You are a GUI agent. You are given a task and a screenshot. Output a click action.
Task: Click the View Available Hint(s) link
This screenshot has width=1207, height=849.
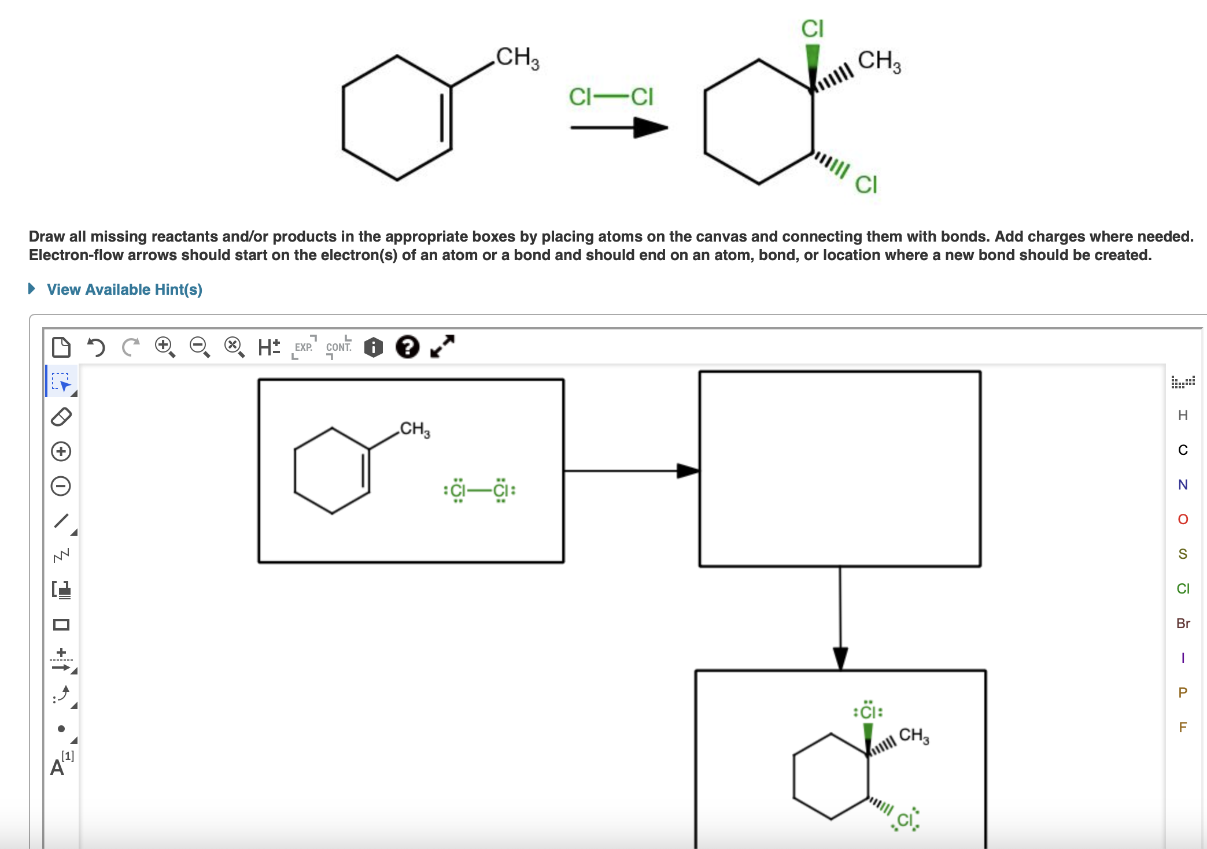tap(124, 290)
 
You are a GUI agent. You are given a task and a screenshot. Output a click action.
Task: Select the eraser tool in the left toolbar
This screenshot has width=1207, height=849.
tap(61, 417)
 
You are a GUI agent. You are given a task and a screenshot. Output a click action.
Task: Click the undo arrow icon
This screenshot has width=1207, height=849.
tap(96, 347)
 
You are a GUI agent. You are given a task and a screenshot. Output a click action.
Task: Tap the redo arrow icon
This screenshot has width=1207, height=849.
tap(131, 347)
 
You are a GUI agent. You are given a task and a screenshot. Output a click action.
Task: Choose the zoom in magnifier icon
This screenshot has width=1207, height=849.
tap(165, 347)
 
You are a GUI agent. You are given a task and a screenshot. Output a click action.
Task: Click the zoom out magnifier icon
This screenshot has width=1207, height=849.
tap(200, 347)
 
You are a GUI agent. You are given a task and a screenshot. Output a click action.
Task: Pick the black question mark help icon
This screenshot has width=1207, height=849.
tap(407, 347)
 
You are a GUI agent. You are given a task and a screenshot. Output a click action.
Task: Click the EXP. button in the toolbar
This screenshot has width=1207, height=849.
tap(304, 347)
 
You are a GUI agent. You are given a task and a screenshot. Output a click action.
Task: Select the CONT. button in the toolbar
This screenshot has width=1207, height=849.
tap(339, 347)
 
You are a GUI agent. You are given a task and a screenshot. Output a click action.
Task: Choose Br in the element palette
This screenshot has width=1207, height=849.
tap(1183, 623)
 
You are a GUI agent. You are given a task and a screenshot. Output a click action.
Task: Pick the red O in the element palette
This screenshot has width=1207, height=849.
tap(1183, 519)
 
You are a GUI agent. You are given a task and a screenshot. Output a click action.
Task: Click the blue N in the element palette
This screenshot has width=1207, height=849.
tap(1183, 484)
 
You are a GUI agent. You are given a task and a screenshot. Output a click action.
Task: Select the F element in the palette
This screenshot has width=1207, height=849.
tap(1183, 727)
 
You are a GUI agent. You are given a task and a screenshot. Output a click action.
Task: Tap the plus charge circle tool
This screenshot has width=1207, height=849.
tap(61, 451)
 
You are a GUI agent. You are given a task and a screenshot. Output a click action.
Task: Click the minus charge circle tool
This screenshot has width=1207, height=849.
tap(61, 486)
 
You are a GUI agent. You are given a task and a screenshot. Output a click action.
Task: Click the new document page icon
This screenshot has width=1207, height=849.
tap(61, 347)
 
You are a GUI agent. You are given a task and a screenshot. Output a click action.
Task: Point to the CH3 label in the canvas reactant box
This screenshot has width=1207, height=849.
tap(415, 429)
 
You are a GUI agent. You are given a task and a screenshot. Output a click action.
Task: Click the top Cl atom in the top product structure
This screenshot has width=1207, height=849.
tap(812, 28)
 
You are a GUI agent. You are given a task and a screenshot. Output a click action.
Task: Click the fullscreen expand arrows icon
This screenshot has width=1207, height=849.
tap(442, 347)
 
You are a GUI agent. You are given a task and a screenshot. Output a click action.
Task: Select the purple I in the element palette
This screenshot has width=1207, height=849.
tap(1183, 658)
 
